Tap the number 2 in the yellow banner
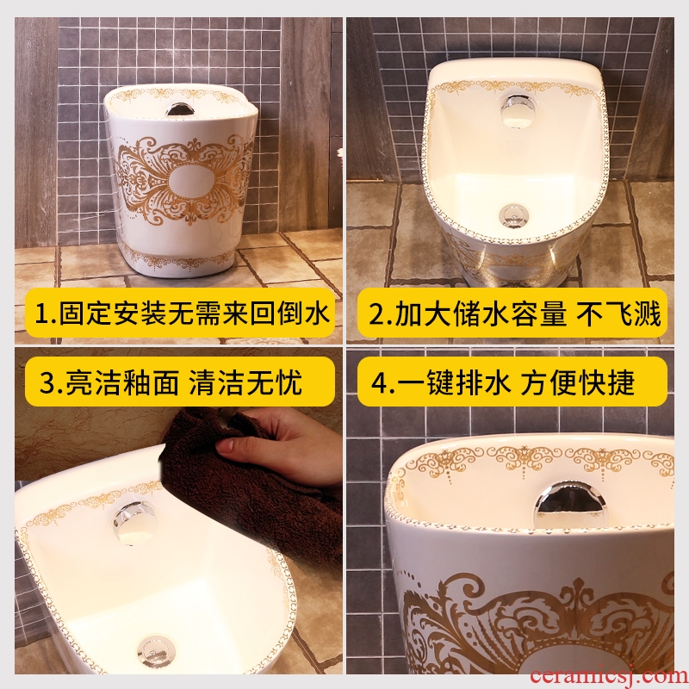pos(377,314)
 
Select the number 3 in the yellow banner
pos(47,382)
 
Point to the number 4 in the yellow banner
pos(380,382)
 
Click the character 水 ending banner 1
pos(317,314)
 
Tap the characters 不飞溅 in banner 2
pos(618,314)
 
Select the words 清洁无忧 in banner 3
pos(245,382)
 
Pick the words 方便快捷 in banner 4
pos(578,382)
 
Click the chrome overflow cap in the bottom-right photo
pos(569,504)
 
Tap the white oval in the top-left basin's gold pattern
pos(189,182)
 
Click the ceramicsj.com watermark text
pos(608,676)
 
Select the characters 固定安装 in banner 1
pos(114,314)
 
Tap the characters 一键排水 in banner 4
pos(454,382)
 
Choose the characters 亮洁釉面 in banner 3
pos(121,382)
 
